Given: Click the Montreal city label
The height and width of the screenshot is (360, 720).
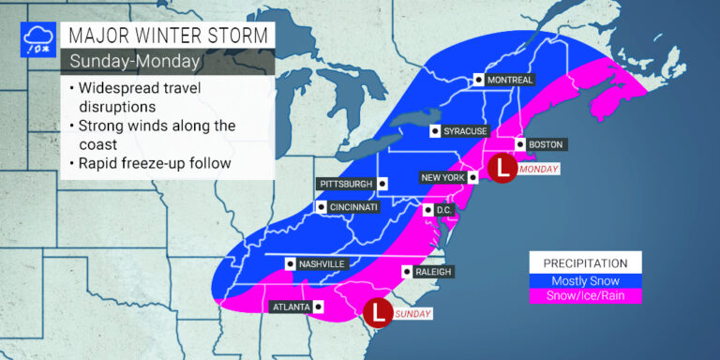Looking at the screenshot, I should [511, 80].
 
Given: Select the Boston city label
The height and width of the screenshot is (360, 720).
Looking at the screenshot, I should [546, 144].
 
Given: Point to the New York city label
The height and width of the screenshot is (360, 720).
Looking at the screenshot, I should [439, 176].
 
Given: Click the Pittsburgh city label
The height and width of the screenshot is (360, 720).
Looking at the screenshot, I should [346, 184].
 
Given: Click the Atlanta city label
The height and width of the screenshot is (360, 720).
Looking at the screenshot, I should [290, 307].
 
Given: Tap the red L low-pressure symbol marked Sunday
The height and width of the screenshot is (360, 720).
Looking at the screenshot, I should [377, 311].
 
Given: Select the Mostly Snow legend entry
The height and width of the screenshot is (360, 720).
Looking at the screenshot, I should [585, 279].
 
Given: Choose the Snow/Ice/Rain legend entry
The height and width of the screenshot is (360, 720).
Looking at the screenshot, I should [585, 295].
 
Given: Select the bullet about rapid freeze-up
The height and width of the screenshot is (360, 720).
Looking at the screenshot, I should [150, 165].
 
